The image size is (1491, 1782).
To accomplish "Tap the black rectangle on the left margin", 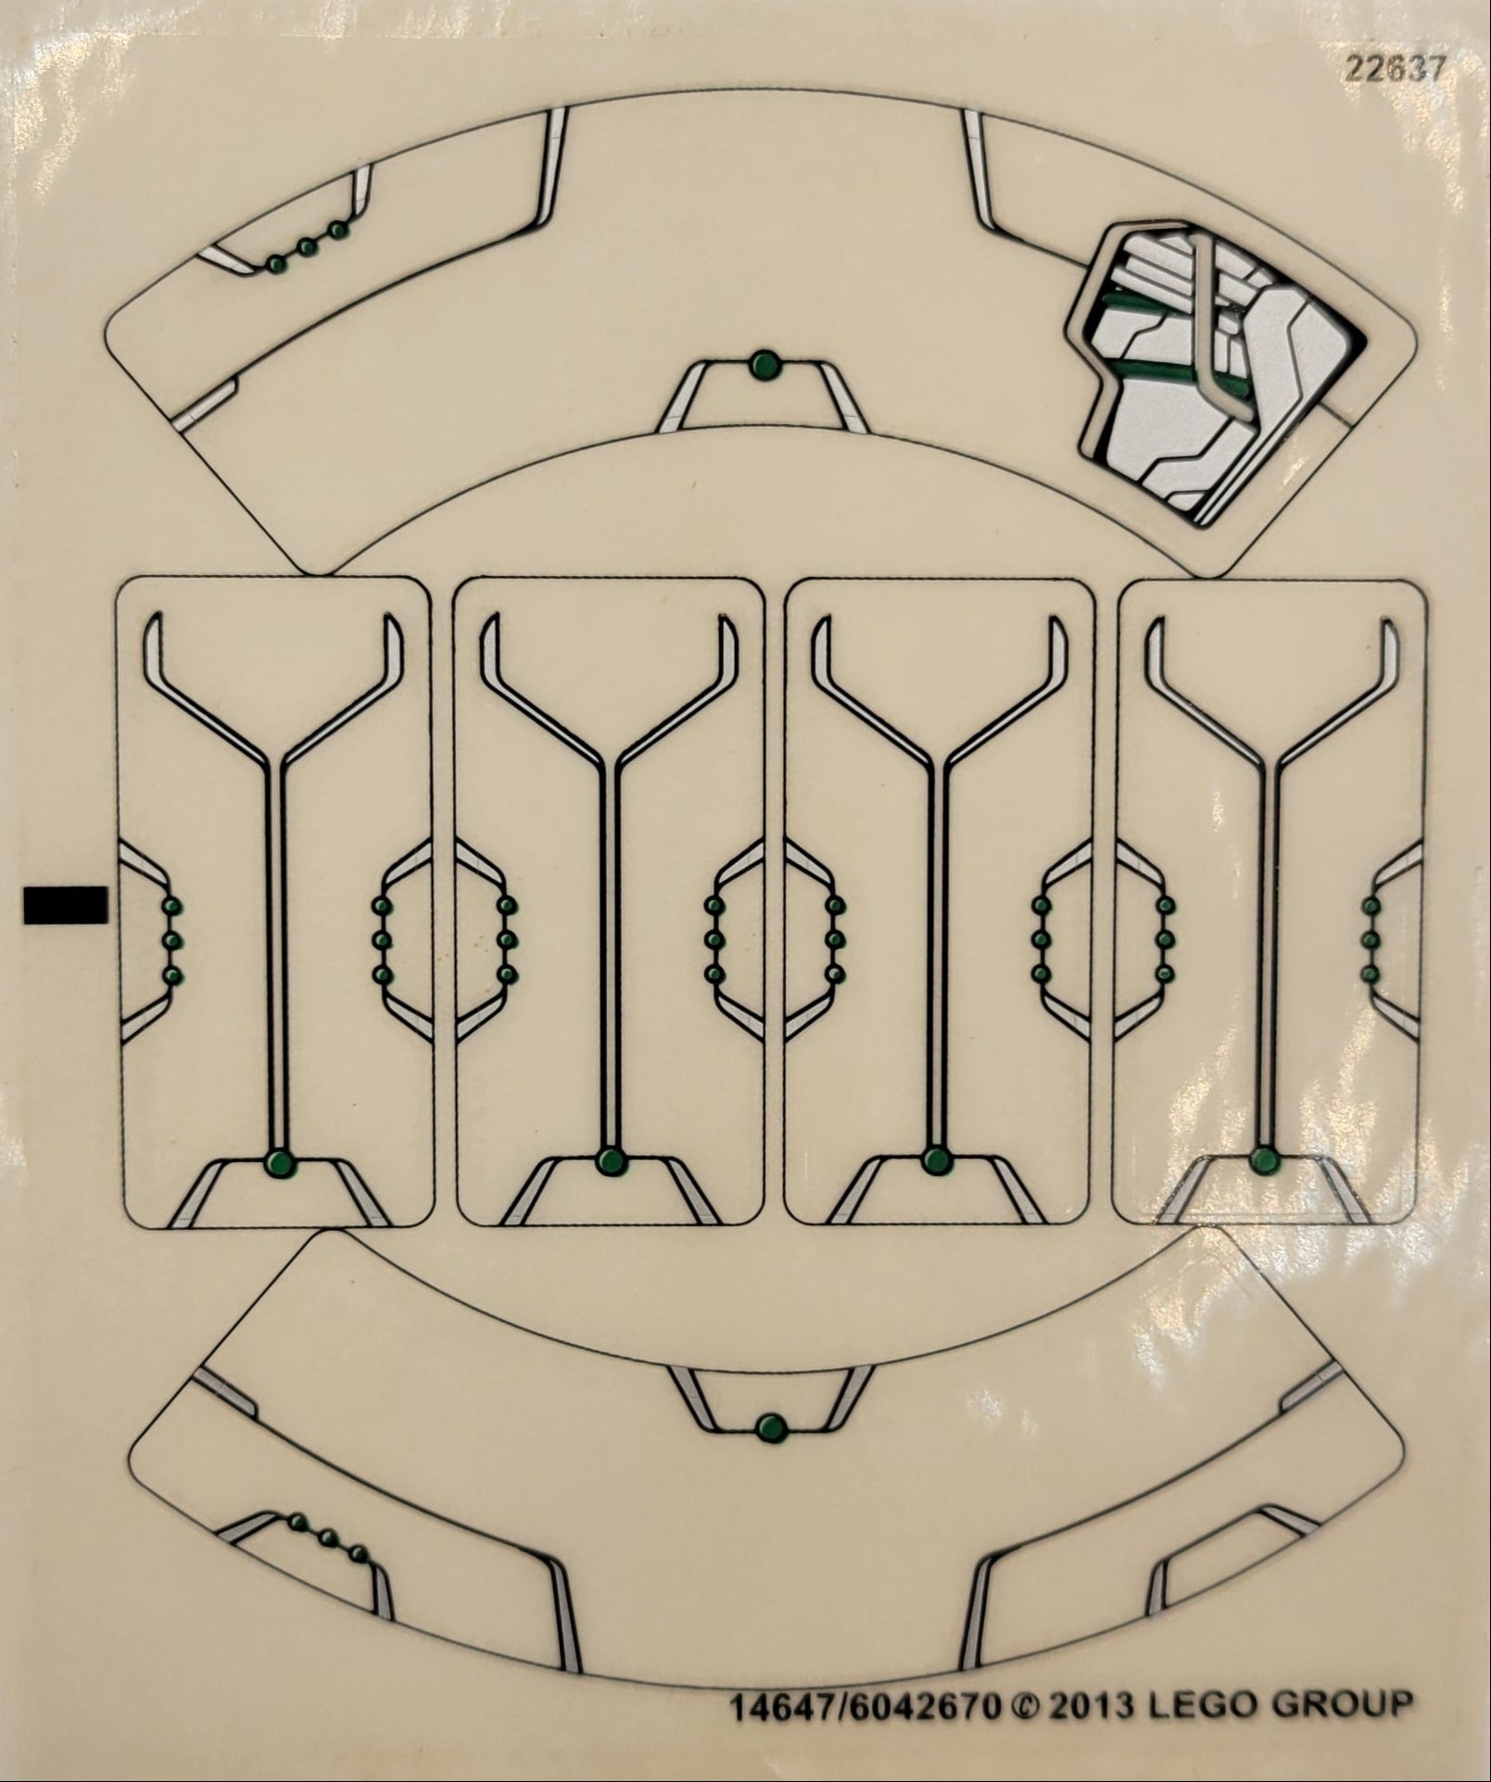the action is coord(65,905).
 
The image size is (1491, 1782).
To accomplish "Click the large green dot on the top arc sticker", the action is coord(764,365).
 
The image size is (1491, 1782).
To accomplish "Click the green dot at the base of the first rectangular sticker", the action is coord(279,1162).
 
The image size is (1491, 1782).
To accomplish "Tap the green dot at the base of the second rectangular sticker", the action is coord(609,1161).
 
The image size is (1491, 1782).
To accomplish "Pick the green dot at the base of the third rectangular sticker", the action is coord(937,1159).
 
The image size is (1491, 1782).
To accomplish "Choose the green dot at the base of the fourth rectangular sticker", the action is coord(1264,1159).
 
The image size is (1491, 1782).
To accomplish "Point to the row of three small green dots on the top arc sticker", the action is coord(306,246).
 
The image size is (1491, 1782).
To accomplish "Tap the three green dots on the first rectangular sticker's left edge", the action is coord(171,940).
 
